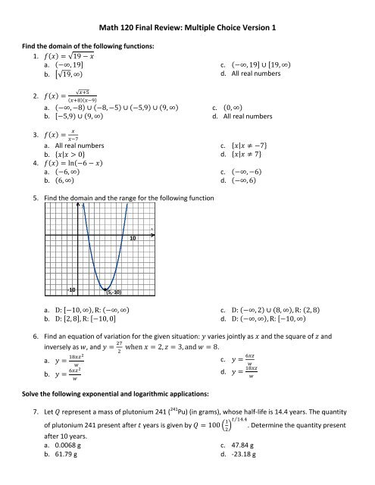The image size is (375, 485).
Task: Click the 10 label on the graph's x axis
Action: [132, 238]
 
